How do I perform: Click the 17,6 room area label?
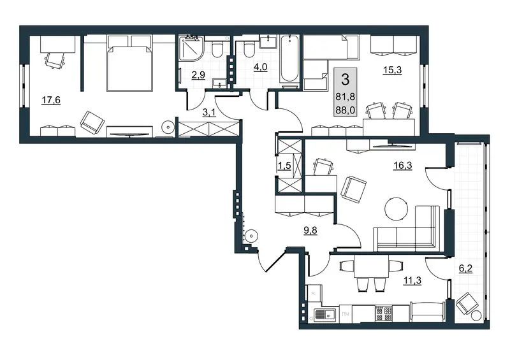point(51,100)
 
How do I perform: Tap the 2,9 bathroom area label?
point(198,75)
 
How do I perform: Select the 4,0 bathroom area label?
point(260,67)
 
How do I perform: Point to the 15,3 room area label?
point(393,70)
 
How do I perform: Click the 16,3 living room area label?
point(403,165)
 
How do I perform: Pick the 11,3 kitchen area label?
point(412,280)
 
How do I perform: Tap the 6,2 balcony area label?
point(465,269)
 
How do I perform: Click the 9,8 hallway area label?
point(310,231)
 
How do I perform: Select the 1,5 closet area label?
point(284,166)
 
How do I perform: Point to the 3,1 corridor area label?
point(208,113)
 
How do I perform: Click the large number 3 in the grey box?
point(345,80)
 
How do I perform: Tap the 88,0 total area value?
point(346,110)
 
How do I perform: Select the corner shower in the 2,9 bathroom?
point(191,48)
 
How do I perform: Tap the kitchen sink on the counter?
point(324,315)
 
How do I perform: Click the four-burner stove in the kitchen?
point(384,313)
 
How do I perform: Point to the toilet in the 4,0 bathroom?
point(249,50)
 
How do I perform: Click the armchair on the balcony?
point(467,303)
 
